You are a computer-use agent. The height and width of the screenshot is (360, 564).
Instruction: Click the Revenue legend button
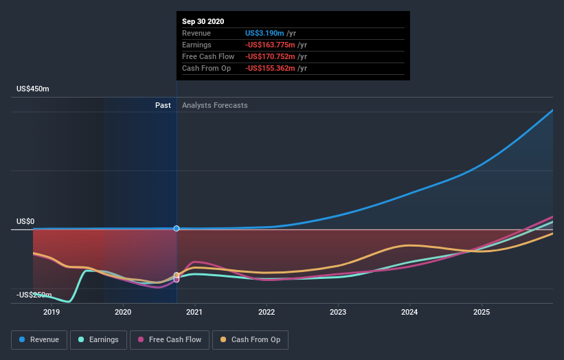point(40,339)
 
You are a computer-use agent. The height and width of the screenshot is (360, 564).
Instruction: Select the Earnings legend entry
point(99,339)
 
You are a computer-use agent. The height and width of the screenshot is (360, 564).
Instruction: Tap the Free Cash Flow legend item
point(168,339)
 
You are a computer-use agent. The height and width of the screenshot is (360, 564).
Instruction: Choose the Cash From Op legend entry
point(251,339)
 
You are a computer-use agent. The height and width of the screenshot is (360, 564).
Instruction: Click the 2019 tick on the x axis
point(52,312)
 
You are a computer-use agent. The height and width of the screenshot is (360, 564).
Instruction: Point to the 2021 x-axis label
point(195,312)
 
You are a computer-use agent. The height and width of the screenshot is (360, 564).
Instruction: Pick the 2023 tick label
point(338,312)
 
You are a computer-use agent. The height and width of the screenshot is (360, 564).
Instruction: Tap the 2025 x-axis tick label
point(482,312)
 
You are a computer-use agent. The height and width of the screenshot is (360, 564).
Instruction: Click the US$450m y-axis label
point(33,89)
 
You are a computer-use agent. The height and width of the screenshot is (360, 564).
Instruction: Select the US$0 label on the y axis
point(25,221)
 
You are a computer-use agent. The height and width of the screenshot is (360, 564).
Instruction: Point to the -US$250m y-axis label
point(34,295)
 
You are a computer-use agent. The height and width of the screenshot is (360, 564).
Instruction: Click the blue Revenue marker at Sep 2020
point(177,228)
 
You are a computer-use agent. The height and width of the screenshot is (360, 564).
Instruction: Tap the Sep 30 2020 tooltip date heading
point(203,22)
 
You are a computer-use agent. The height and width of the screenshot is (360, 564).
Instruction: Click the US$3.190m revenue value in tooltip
point(265,33)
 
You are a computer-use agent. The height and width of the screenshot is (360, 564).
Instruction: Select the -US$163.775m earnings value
point(270,45)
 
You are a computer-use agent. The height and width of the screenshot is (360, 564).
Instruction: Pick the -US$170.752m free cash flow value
point(270,56)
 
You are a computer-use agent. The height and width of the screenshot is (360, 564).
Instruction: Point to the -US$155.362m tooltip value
point(270,68)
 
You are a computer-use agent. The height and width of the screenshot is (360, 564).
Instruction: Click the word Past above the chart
point(163,105)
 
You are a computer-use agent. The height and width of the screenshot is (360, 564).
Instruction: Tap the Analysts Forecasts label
point(215,105)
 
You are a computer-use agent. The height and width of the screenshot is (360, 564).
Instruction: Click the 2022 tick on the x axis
point(267,312)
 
